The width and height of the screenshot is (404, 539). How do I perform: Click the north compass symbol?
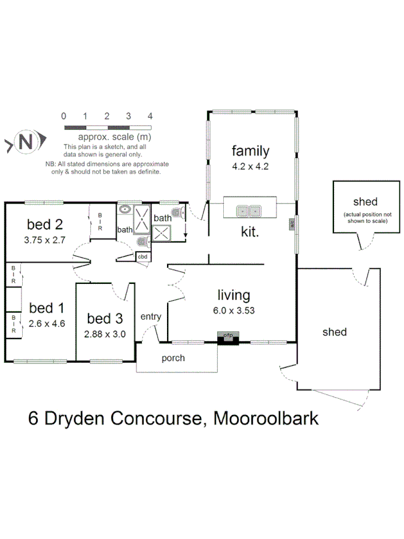coord(24,143)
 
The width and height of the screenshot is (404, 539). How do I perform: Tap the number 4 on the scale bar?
coord(150,116)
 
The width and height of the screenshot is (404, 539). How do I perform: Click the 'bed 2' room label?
coord(45,225)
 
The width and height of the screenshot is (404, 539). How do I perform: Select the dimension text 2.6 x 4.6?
coord(46,323)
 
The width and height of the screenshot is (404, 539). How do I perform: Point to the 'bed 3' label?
coord(105,318)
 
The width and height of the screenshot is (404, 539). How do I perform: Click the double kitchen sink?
coord(249,211)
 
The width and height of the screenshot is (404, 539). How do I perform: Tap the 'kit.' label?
coord(250,231)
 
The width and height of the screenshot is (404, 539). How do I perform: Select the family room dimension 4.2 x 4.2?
coord(251,167)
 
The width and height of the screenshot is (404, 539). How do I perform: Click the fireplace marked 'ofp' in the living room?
coord(227,337)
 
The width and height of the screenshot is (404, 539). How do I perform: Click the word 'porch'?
coord(173,358)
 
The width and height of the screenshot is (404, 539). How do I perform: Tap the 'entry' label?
coord(150,316)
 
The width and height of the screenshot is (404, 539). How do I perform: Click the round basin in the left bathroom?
coord(124,210)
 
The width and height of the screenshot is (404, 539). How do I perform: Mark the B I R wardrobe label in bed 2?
coord(100,222)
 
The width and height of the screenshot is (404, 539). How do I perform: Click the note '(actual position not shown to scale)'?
coord(365,217)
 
